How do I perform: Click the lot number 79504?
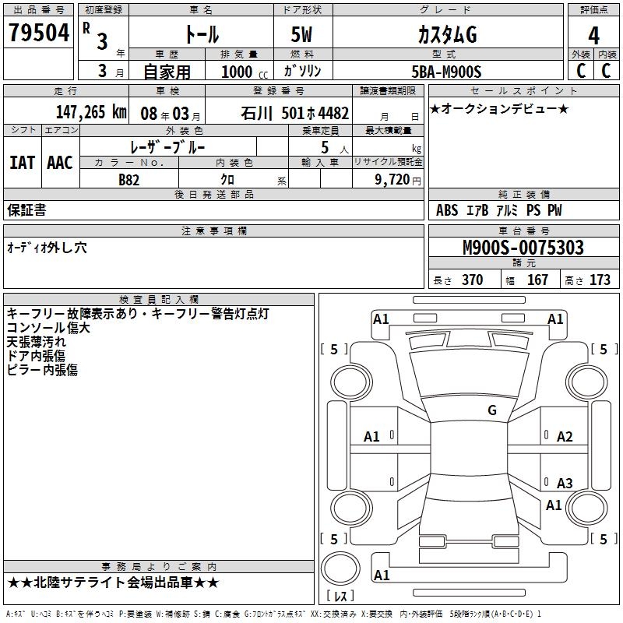pyautogui.click(x=39, y=33)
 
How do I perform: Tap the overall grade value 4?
pyautogui.click(x=593, y=36)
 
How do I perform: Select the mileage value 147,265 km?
pyautogui.click(x=91, y=112)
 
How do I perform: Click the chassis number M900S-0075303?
pyautogui.click(x=523, y=248)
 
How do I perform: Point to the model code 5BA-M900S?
pyautogui.click(x=446, y=72)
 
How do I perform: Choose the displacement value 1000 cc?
pyautogui.click(x=245, y=72)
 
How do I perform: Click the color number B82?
pyautogui.click(x=129, y=180)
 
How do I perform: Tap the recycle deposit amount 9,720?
pyautogui.click(x=392, y=180)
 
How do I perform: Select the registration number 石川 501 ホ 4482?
pyautogui.click(x=295, y=113)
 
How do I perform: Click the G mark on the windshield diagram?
pyautogui.click(x=492, y=410)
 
